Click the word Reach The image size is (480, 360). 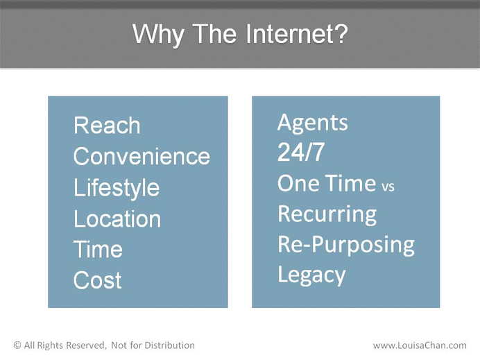click(107, 126)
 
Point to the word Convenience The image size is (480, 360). click(142, 156)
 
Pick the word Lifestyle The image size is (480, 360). click(117, 188)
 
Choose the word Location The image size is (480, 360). click(117, 218)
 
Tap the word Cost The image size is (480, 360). click(97, 280)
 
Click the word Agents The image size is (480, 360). click(313, 123)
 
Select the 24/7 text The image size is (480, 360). click(300, 152)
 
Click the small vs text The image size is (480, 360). click(388, 186)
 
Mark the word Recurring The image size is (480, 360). click(327, 214)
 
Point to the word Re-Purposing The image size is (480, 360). click(346, 245)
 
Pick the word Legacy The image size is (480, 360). click(311, 275)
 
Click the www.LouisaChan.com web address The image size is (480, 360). click(420, 345)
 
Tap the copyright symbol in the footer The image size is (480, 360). click(17, 345)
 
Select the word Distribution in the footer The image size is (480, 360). click(169, 345)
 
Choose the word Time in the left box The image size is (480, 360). click(98, 249)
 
